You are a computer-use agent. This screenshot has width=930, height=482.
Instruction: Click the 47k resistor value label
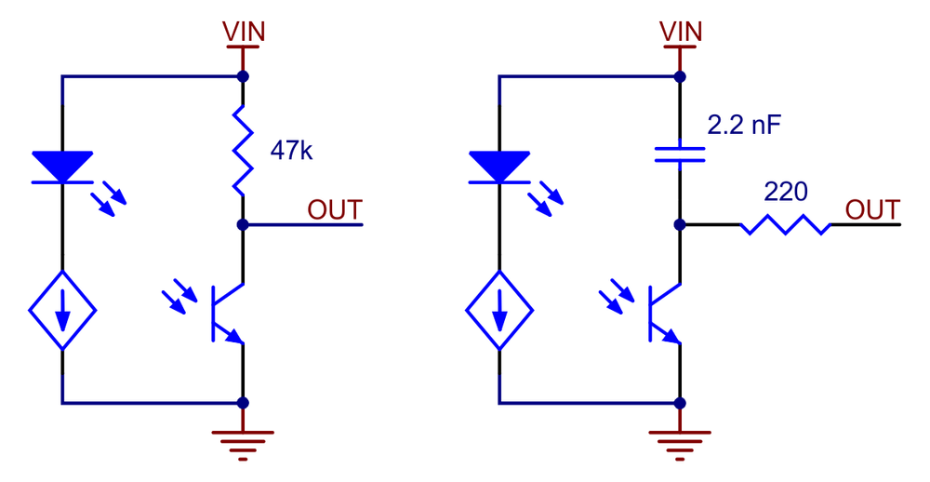pos(290,152)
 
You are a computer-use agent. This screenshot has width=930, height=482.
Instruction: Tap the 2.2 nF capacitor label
pos(744,126)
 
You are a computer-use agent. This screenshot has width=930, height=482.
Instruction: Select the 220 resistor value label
pos(785,192)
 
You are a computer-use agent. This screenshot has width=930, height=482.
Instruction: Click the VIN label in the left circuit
pos(243,32)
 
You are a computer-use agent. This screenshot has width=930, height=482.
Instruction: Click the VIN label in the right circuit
pos(681,32)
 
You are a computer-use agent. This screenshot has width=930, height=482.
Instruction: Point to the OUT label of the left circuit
pos(335,210)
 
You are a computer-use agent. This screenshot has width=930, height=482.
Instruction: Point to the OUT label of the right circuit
pos(872,210)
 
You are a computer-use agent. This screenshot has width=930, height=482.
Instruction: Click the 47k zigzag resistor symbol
pos(243,150)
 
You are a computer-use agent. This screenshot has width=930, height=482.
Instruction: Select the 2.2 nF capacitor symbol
pos(680,154)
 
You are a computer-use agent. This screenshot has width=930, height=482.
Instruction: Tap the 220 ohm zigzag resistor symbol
pos(785,224)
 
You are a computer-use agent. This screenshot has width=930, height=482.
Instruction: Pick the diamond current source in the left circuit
pos(62,310)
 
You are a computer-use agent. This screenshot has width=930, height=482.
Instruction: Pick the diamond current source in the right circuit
pos(499,310)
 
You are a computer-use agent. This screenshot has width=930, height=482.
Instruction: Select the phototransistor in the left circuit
pos(227,314)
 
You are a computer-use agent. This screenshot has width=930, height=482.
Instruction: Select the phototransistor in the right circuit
pos(664,314)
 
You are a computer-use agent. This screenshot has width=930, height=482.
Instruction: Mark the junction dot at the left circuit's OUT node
pos(243,224)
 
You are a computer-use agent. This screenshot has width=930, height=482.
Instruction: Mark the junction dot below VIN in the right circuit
pos(680,76)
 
